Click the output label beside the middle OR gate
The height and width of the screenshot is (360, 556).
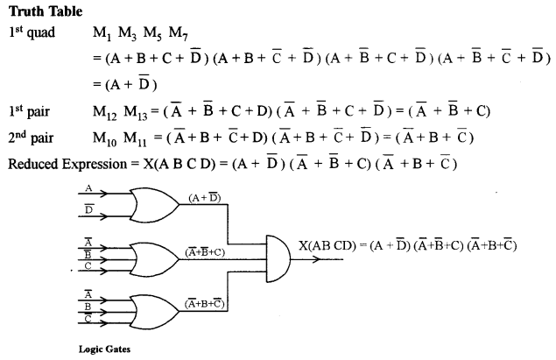click(x=208, y=251)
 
